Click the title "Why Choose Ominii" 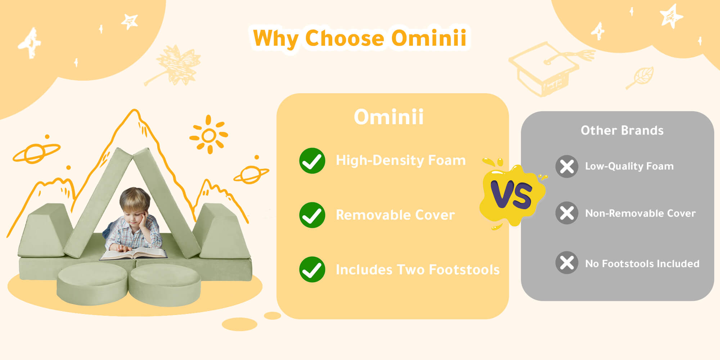click(x=360, y=38)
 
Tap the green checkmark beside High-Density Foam click(x=312, y=161)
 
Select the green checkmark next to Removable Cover click(x=312, y=215)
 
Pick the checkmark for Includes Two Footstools click(x=312, y=269)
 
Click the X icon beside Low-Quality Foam click(x=567, y=166)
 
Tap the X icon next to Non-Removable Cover click(x=567, y=213)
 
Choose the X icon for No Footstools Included click(x=567, y=262)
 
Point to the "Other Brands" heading click(x=622, y=130)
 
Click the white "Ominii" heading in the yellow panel click(x=389, y=117)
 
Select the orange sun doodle click(x=209, y=135)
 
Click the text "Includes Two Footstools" click(x=418, y=270)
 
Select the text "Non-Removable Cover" click(x=640, y=213)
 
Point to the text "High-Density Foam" click(x=401, y=160)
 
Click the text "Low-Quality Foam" click(x=629, y=166)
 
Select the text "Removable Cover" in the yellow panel click(x=395, y=215)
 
